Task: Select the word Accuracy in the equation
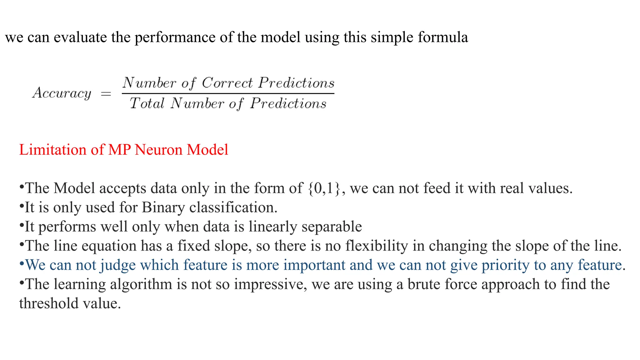[x=62, y=93]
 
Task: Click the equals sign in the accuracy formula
[x=106, y=93]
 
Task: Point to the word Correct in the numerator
[x=227, y=83]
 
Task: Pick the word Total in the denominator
[x=147, y=103]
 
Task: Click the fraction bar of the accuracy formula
[x=228, y=93]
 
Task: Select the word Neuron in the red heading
[x=159, y=150]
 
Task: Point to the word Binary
[x=163, y=208]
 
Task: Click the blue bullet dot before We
[x=22, y=263]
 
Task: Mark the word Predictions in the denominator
[x=288, y=103]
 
